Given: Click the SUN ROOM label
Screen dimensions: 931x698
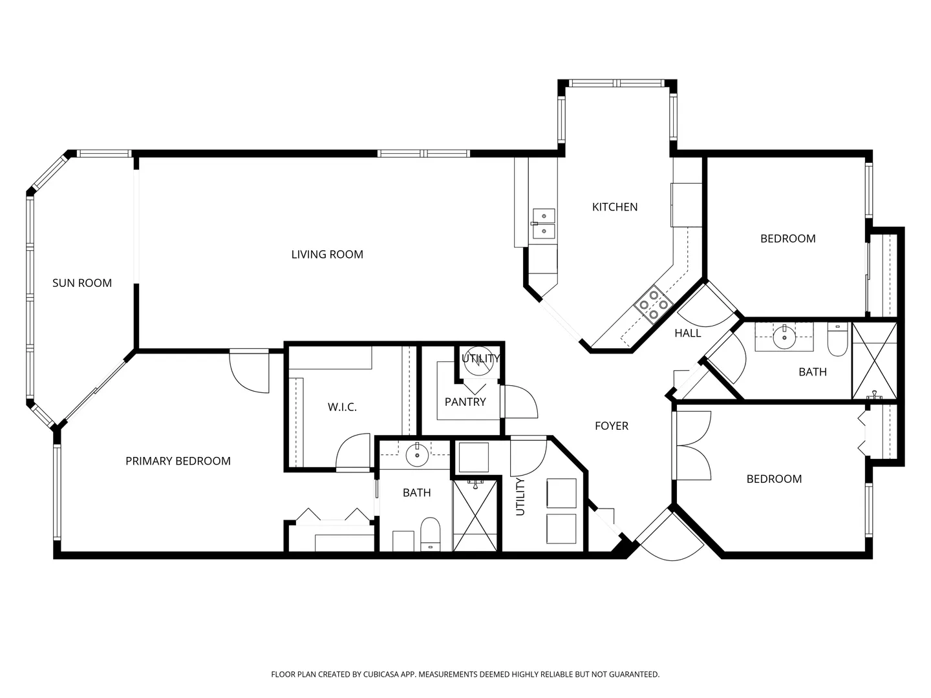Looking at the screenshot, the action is pyautogui.click(x=82, y=283).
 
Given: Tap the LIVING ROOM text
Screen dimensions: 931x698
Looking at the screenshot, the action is pyautogui.click(x=327, y=254).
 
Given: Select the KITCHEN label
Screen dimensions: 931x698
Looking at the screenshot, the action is pyautogui.click(x=615, y=207).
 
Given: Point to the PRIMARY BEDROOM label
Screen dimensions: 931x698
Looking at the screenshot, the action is pyautogui.click(x=178, y=461).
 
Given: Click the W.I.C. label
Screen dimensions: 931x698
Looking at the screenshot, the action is pyautogui.click(x=342, y=407).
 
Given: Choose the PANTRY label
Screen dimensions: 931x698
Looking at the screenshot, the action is pyautogui.click(x=465, y=402).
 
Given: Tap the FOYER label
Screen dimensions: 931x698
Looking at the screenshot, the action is pyautogui.click(x=611, y=425).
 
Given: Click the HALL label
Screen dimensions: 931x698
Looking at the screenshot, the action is pyautogui.click(x=687, y=333).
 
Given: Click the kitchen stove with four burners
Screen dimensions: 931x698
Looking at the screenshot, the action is pyautogui.click(x=654, y=304).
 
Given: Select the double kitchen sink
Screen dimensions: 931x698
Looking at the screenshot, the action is pyautogui.click(x=544, y=224).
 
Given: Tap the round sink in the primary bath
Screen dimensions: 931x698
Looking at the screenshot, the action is pyautogui.click(x=418, y=455).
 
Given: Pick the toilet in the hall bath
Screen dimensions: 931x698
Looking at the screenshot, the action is pyautogui.click(x=837, y=339).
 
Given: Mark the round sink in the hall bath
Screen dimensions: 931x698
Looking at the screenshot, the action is pyautogui.click(x=784, y=337).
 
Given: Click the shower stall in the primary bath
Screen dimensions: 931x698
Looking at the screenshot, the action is pyautogui.click(x=475, y=515).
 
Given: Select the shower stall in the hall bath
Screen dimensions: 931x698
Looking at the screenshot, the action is pyautogui.click(x=875, y=361).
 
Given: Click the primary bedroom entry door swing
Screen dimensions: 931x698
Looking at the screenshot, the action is pyautogui.click(x=249, y=372).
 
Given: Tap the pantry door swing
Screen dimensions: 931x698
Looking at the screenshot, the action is pyautogui.click(x=520, y=401).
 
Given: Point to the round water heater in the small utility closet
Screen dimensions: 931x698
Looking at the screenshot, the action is pyautogui.click(x=480, y=361).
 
